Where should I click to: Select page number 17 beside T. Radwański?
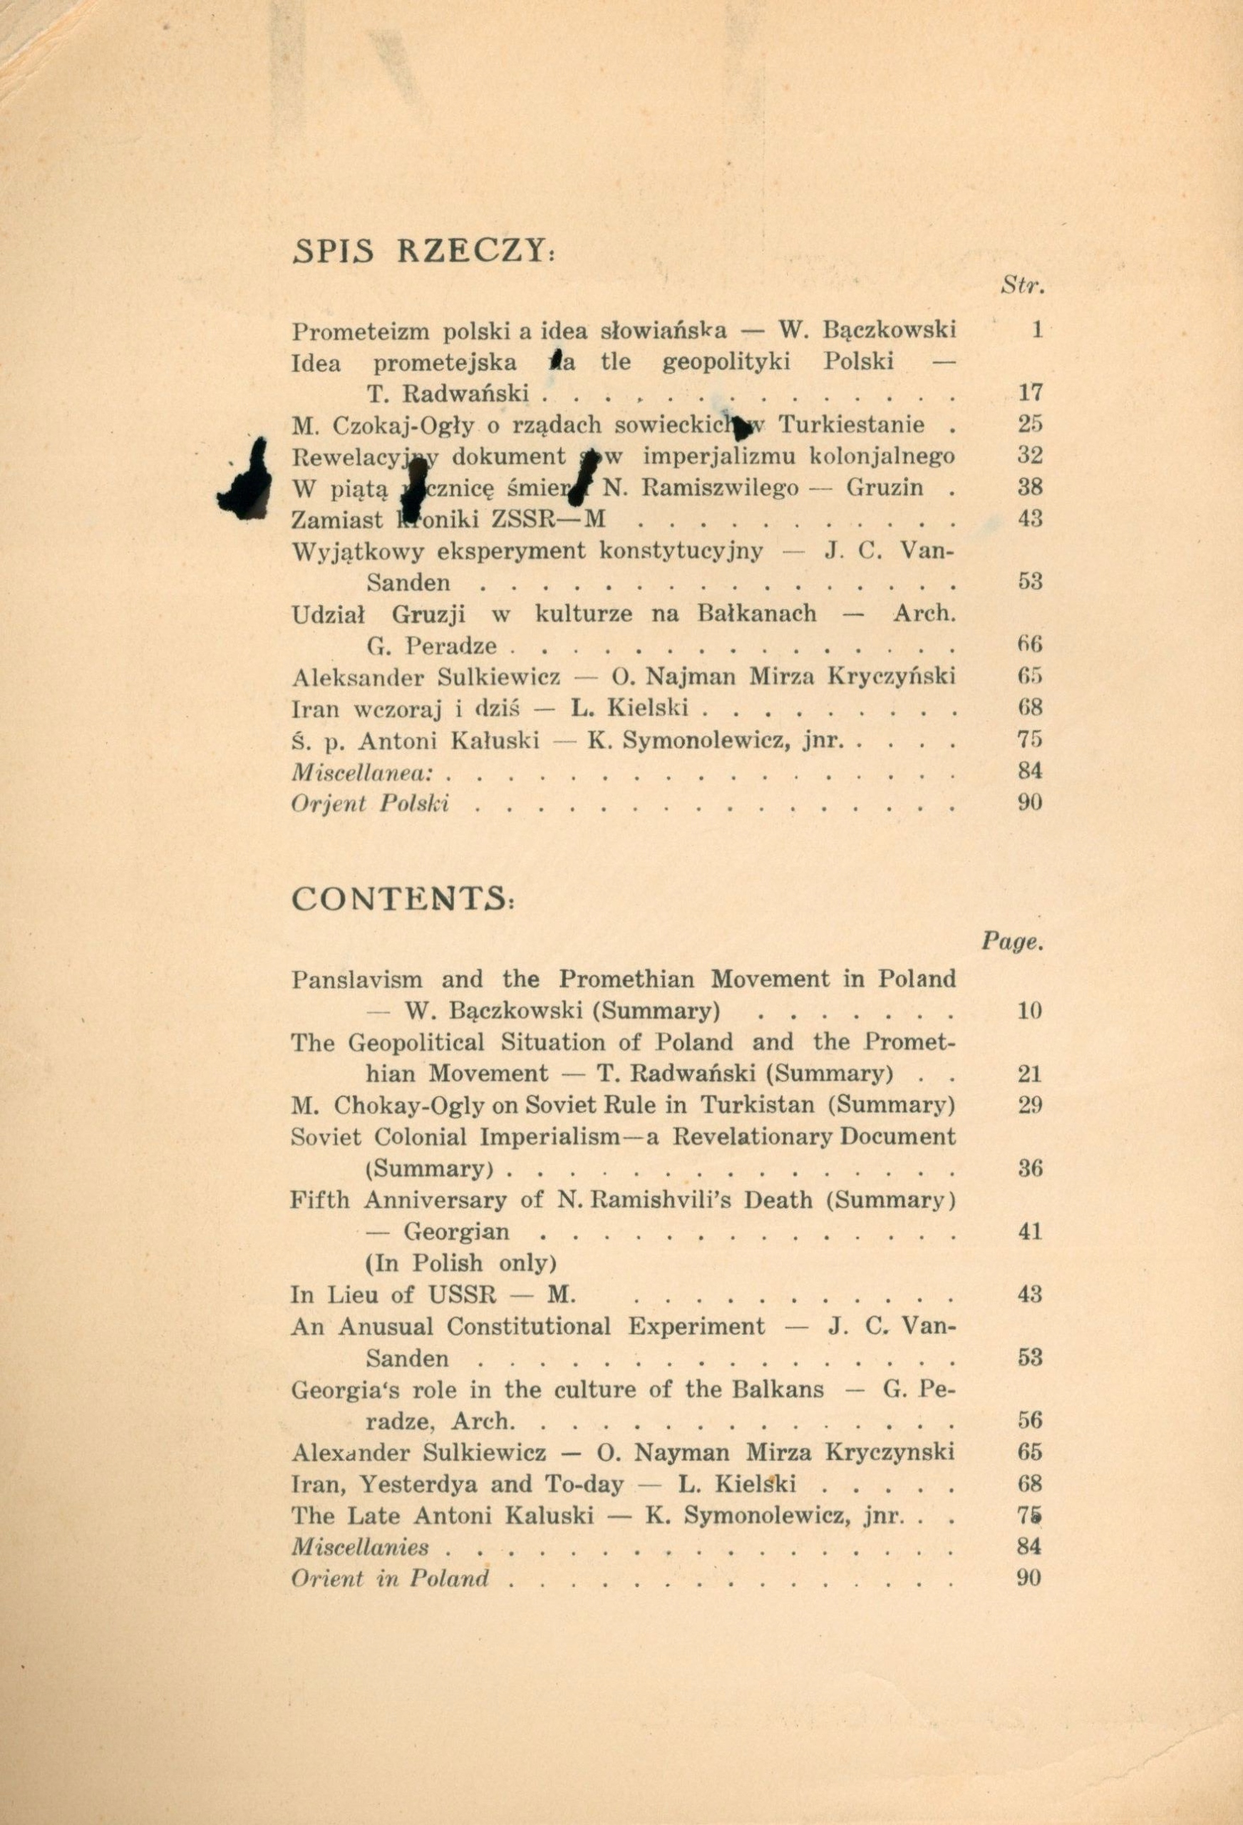(1029, 393)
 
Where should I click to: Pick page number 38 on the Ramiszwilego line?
(1029, 488)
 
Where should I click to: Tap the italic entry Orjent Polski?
(370, 804)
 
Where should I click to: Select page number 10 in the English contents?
(1028, 1011)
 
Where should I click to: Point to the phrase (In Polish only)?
(461, 1263)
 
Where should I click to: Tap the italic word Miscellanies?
(361, 1547)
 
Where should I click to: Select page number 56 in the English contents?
(1028, 1420)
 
